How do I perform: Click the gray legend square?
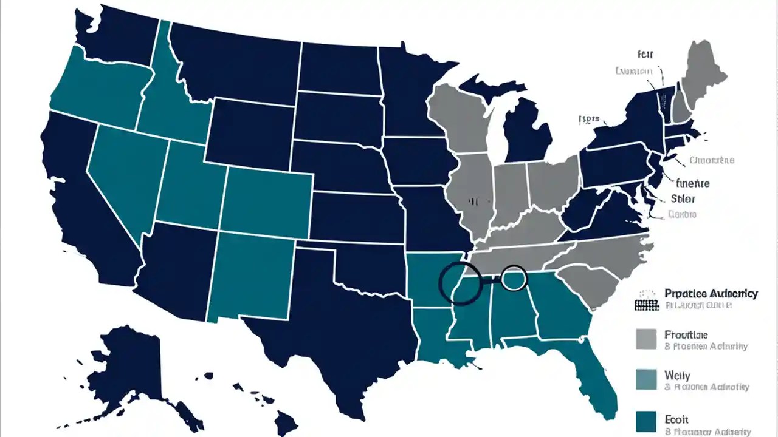point(646,339)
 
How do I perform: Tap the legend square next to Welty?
point(646,379)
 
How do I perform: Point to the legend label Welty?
point(677,376)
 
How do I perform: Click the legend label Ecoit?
point(676,419)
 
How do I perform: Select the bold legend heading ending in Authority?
point(711,294)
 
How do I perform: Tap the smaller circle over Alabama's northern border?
point(514,277)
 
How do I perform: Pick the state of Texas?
point(340,316)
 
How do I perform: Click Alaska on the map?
point(128,370)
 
